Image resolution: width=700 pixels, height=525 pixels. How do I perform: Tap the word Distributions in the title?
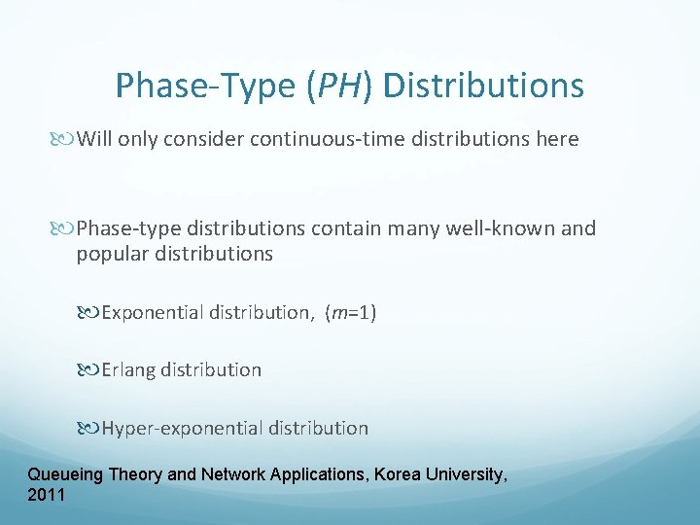pyautogui.click(x=483, y=86)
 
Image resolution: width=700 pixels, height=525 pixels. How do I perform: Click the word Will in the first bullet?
pyautogui.click(x=93, y=139)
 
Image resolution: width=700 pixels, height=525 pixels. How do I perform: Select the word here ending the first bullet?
pyautogui.click(x=557, y=139)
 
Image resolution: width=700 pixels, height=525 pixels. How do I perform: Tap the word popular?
pyautogui.click(x=110, y=254)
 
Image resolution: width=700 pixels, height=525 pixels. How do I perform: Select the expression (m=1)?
pyautogui.click(x=351, y=312)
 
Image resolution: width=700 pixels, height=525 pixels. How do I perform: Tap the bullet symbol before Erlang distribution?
pyautogui.click(x=90, y=370)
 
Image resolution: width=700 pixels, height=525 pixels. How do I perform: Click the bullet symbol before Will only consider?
pyautogui.click(x=65, y=140)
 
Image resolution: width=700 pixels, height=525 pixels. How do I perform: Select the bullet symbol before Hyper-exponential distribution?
pyautogui.click(x=90, y=429)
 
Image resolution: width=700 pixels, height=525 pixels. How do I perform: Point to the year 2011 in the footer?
pyautogui.click(x=48, y=495)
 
